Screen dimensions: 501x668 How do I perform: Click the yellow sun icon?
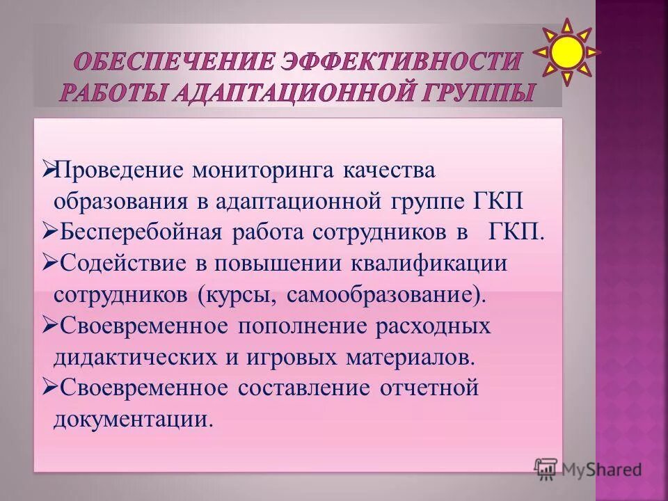pos(567,51)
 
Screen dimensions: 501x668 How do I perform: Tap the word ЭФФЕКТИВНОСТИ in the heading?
pos(401,62)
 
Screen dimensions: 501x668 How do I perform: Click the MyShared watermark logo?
pos(588,469)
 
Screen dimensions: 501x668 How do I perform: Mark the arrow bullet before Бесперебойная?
pos(49,231)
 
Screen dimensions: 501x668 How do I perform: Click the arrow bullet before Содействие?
pos(49,262)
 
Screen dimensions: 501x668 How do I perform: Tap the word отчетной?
pos(429,388)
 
